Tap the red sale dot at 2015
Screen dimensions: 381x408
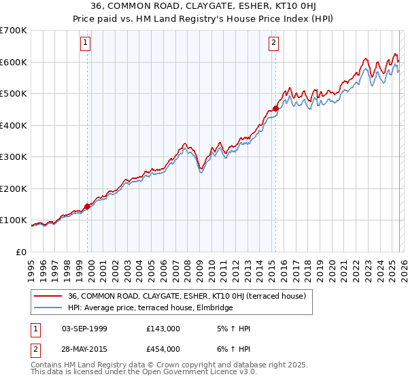275,108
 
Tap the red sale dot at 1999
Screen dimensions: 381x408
88,206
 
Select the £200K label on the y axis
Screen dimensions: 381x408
14,188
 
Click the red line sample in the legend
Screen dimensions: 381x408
48,296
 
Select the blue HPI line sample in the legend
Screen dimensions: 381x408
48,308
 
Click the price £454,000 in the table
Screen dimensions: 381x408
163,348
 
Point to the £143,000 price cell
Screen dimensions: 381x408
163,329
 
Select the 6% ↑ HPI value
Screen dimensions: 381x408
232,348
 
